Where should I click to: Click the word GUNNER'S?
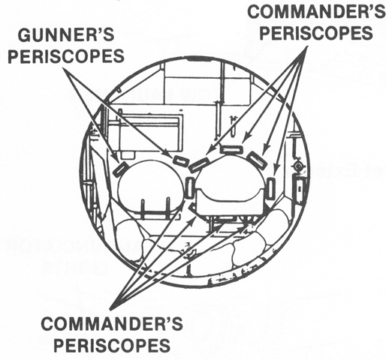pyautogui.click(x=66, y=35)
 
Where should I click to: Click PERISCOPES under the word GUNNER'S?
pyautogui.click(x=66, y=55)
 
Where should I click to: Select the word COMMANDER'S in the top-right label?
pyautogui.click(x=317, y=11)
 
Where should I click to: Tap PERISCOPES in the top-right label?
pyautogui.click(x=316, y=32)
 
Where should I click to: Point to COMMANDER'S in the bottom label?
pyautogui.click(x=112, y=323)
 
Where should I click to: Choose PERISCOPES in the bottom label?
pyautogui.click(x=112, y=345)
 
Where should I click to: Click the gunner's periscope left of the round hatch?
pyautogui.click(x=120, y=168)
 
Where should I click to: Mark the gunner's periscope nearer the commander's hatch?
pyautogui.click(x=181, y=161)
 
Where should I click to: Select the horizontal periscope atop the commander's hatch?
pyautogui.click(x=231, y=149)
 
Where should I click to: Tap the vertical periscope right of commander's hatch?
pyautogui.click(x=271, y=188)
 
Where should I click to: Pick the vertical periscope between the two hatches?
pyautogui.click(x=189, y=187)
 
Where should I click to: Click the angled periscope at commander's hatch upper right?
pyautogui.click(x=256, y=160)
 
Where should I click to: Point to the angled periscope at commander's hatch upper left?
pyautogui.click(x=199, y=165)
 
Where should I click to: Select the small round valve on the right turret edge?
pyautogui.click(x=298, y=166)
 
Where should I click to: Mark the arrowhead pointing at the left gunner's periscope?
pyautogui.click(x=116, y=159)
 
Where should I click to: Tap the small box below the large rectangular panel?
pyautogui.click(x=128, y=155)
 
